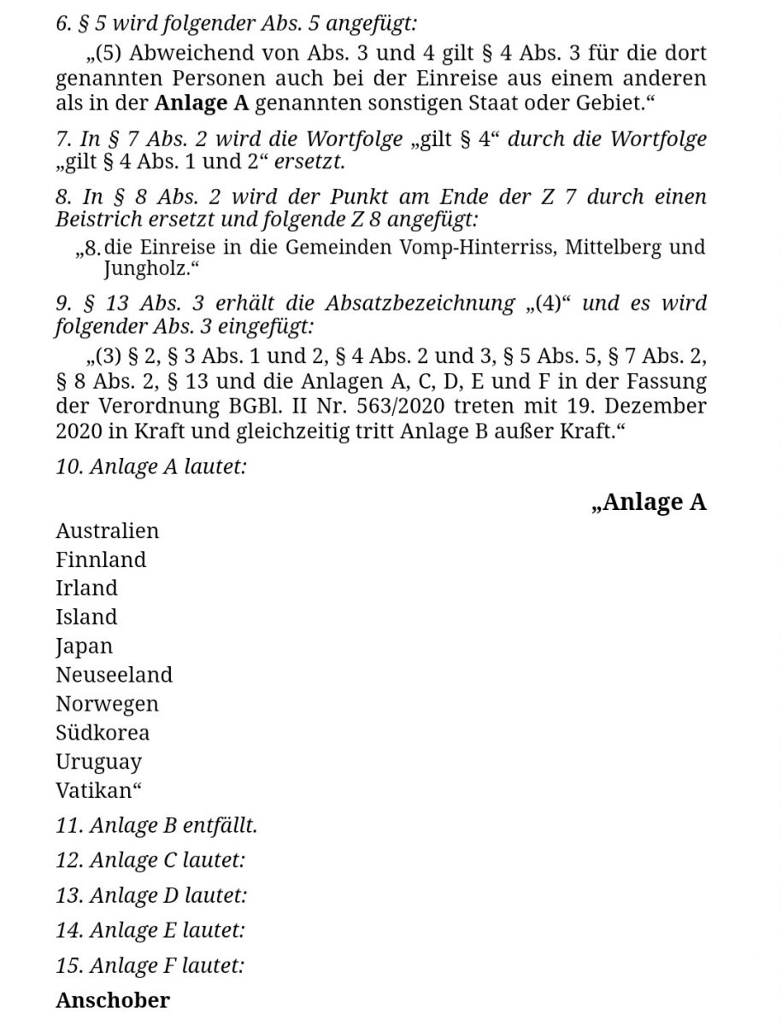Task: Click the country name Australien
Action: coord(107,530)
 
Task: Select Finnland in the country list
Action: coord(101,559)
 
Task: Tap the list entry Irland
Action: coord(86,588)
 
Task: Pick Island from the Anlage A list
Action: coord(86,617)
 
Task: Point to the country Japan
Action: coord(84,647)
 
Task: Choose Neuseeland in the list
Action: coord(114,675)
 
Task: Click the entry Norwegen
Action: coord(107,704)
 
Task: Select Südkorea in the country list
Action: coord(103,732)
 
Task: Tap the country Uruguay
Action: coord(98,762)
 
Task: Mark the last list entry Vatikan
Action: coord(95,790)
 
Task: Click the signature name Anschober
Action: coord(113,999)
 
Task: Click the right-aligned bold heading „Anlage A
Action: coord(649,501)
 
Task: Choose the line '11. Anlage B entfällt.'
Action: coord(156,826)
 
